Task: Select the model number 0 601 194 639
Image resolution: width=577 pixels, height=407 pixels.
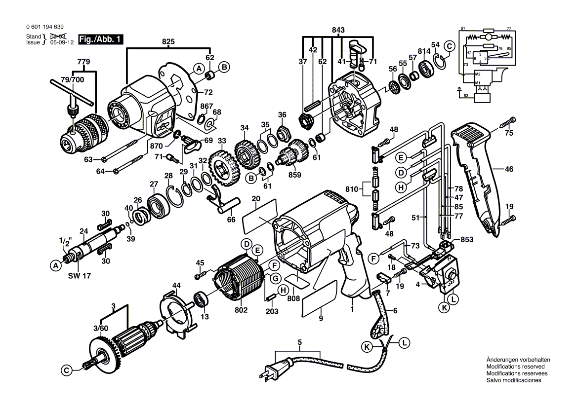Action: tap(44, 28)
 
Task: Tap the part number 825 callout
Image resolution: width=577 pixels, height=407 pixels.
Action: tap(168, 42)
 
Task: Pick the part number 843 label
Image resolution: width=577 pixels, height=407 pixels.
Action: tap(338, 30)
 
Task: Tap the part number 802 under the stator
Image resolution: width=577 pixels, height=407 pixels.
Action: tap(241, 310)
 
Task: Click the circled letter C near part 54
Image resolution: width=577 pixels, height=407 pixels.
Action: tap(449, 46)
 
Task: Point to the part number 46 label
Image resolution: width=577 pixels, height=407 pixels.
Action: tap(509, 169)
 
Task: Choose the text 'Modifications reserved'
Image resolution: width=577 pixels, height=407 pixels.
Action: tap(515, 367)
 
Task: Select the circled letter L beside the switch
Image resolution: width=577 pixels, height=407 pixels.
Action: tap(453, 298)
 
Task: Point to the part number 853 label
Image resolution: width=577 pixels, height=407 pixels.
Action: tap(467, 239)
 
